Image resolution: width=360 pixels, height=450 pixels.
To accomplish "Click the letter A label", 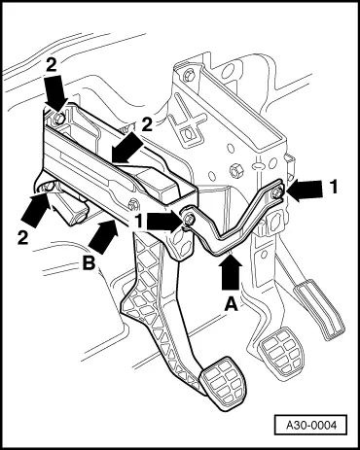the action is [x=231, y=304].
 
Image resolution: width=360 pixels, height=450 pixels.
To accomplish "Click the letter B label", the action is [x=89, y=263].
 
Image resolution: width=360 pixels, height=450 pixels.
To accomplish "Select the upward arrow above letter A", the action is [x=231, y=272].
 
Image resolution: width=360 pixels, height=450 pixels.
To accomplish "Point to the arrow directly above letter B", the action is [x=103, y=236].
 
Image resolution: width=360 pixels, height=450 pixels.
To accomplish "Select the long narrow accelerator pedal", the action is [x=319, y=310].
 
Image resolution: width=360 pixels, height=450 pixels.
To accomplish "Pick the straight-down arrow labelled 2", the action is [x=55, y=90].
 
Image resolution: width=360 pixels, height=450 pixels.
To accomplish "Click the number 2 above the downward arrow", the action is [x=52, y=66].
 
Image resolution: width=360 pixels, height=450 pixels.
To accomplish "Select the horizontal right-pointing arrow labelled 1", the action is [x=165, y=223].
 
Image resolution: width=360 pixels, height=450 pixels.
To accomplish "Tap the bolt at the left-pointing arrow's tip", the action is [x=277, y=193].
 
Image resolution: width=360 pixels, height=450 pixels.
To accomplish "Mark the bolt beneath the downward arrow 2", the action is [x=59, y=118].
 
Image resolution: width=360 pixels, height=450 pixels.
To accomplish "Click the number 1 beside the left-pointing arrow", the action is [x=334, y=188].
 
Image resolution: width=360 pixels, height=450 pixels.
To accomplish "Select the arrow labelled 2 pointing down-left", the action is [x=127, y=149].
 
